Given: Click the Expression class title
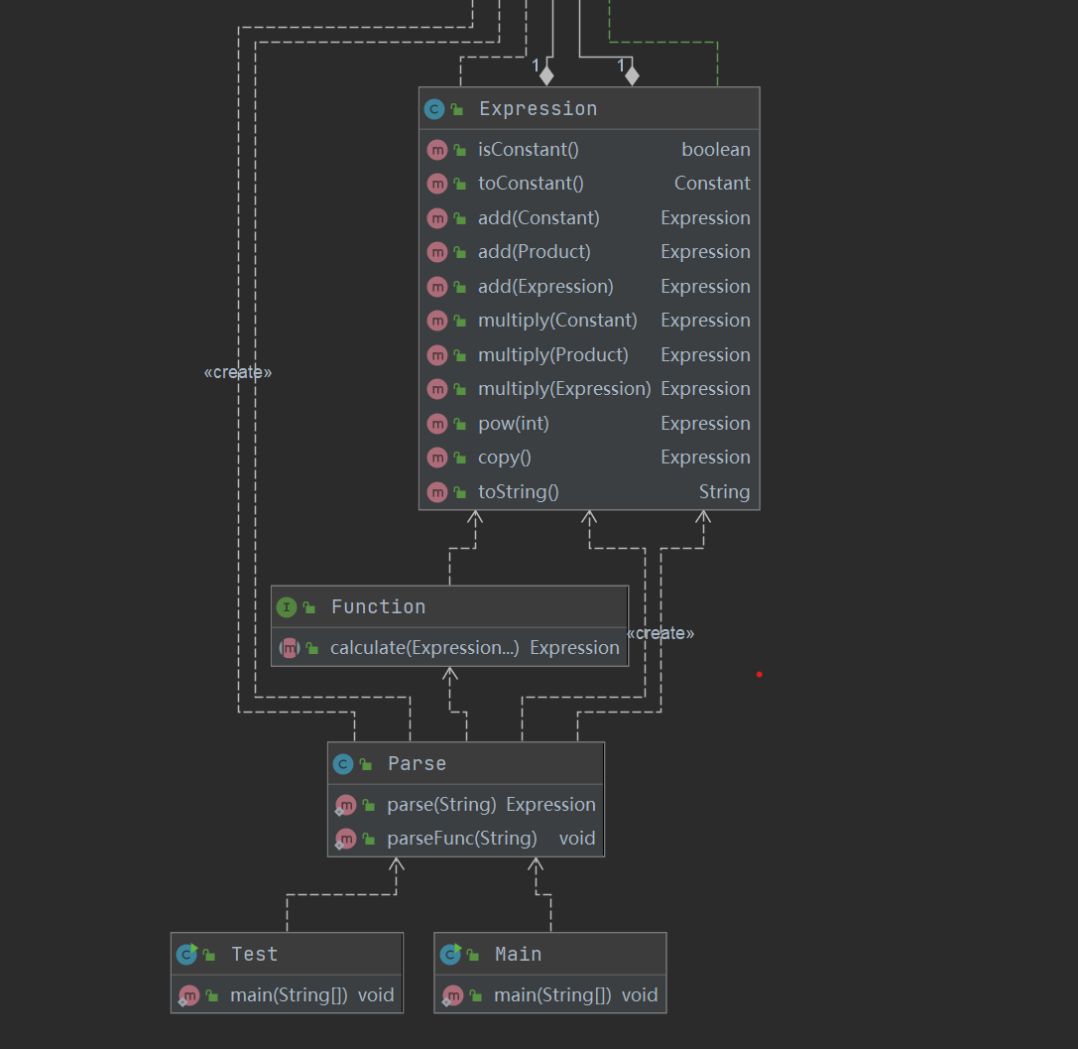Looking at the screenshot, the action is (539, 109).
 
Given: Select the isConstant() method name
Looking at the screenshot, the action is (528, 149).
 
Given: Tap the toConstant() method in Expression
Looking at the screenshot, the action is (531, 183).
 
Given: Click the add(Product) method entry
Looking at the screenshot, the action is (535, 252).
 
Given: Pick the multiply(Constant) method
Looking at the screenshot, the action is (557, 321).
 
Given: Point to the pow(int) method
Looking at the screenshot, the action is (514, 424).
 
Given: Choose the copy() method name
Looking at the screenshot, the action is (505, 458).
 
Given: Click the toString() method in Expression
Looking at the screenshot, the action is (519, 492).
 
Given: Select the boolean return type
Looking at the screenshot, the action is (716, 149).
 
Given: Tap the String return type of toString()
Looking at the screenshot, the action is (725, 492).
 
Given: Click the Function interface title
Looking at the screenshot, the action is (378, 606).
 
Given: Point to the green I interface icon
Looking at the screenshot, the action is (287, 607).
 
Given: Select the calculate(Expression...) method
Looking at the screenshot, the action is (424, 648).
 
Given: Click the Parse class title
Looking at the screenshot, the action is (417, 763).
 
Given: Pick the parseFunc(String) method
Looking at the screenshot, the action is (462, 839).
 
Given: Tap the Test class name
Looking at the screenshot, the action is (254, 954).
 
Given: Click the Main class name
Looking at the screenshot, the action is (519, 954).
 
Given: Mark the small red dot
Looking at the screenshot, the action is (759, 675).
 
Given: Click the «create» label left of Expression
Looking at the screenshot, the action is (238, 372).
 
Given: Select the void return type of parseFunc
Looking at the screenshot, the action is (577, 839).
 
